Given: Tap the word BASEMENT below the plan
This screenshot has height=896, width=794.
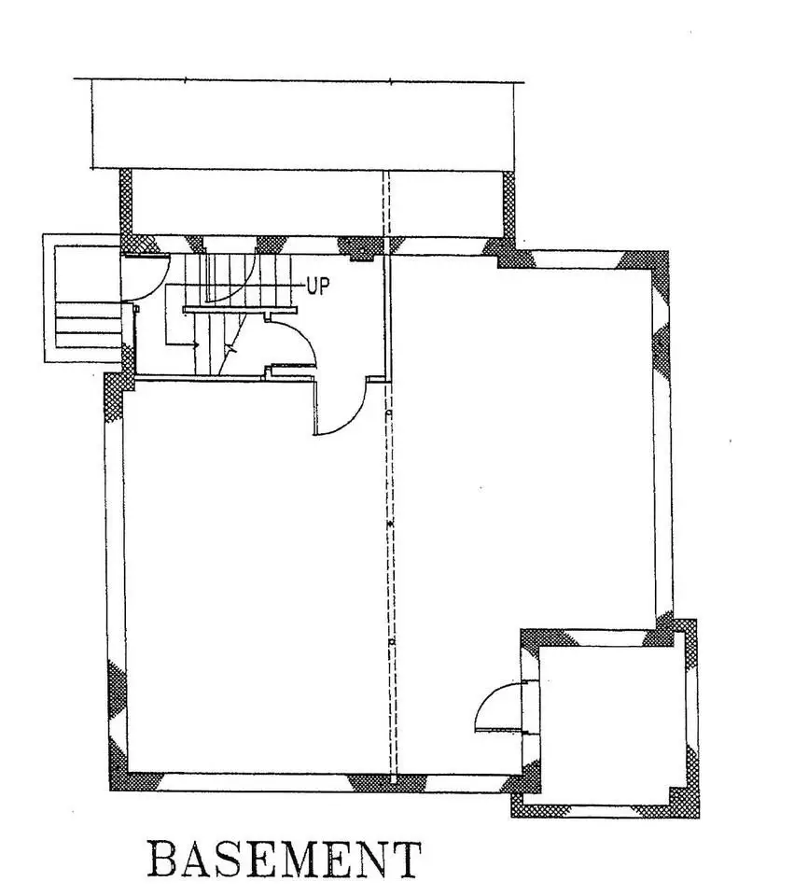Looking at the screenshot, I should coord(285,859).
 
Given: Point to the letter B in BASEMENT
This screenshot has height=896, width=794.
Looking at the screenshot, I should coord(165,859).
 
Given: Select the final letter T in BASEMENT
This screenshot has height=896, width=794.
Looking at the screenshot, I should coord(405,859).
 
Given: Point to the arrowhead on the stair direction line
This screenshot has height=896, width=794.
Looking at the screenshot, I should coord(197,345).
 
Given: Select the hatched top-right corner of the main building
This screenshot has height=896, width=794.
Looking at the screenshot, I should coord(659,261).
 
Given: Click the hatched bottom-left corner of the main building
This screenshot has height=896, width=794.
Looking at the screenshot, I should coord(118,779).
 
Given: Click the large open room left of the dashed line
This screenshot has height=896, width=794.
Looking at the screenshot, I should coord(252,579).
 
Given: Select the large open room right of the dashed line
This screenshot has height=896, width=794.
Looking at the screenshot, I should coord(522,448).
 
